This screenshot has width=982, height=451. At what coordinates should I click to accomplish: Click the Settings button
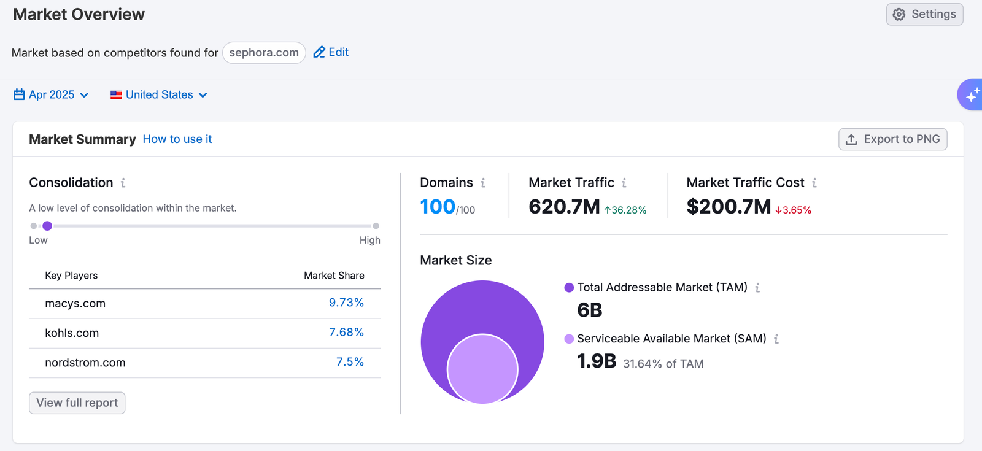[x=924, y=14]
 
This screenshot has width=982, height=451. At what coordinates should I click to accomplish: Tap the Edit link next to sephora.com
[x=331, y=52]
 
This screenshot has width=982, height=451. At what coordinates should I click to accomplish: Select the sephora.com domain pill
[x=264, y=53]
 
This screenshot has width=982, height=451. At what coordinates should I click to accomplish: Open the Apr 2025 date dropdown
[x=52, y=94]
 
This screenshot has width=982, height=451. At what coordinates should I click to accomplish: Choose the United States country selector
[x=159, y=94]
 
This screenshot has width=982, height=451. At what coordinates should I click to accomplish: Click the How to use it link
[x=177, y=139]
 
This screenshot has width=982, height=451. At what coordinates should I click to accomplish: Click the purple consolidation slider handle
[x=47, y=226]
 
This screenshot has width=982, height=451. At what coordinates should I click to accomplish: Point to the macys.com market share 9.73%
[x=346, y=303]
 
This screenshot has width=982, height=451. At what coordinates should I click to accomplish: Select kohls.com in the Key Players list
[x=72, y=333]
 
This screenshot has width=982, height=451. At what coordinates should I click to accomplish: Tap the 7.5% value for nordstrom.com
[x=350, y=362]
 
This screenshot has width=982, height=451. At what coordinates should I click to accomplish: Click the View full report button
[x=77, y=403]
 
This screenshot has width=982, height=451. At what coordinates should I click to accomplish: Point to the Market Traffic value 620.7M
[x=564, y=207]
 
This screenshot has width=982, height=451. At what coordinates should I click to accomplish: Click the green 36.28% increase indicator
[x=625, y=210]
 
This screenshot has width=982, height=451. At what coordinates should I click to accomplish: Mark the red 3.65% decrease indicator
[x=793, y=210]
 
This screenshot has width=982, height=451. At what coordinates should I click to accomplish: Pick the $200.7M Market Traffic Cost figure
[x=729, y=207]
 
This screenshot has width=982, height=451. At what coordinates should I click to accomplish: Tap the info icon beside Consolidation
[x=123, y=183]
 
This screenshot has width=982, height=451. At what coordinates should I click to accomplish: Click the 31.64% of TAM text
[x=663, y=364]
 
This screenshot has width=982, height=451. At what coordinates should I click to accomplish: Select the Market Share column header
[x=334, y=276]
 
